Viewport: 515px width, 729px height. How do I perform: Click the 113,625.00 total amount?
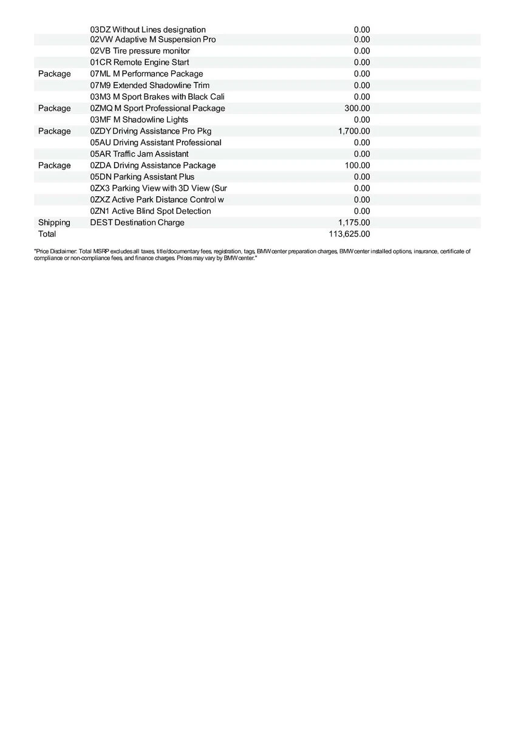click(349, 234)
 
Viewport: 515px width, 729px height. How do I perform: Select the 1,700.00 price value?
click(353, 131)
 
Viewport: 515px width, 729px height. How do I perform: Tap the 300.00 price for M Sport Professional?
click(357, 108)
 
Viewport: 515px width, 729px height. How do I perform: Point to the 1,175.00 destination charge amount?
click(353, 222)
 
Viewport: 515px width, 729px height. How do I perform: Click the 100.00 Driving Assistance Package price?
click(357, 165)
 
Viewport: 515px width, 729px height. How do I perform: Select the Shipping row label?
click(54, 222)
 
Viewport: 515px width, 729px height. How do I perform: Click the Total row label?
click(47, 234)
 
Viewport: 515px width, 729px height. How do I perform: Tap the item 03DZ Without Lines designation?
click(148, 30)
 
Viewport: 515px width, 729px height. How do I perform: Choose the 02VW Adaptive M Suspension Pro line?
click(152, 39)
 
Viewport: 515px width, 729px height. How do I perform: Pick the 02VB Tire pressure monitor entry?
click(140, 51)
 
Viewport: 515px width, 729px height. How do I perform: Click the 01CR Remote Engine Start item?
click(139, 63)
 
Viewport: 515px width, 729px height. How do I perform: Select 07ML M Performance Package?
click(146, 74)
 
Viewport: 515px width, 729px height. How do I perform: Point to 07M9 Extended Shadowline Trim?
click(149, 85)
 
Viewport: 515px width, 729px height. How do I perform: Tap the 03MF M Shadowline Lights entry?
click(139, 120)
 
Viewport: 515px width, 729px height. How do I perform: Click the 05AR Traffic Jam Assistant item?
click(139, 154)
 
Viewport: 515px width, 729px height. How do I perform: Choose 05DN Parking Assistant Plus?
click(142, 177)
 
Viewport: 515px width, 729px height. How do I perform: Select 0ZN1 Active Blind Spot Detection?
click(150, 211)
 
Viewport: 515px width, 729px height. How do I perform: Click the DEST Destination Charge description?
click(137, 222)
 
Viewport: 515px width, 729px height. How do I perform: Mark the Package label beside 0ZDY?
click(54, 131)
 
